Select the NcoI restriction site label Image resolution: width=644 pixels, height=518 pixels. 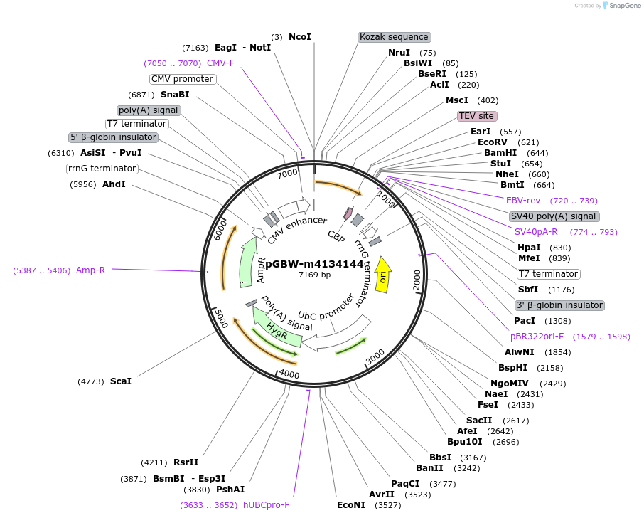click(299, 36)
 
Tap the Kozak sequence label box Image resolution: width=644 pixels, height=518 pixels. click(394, 36)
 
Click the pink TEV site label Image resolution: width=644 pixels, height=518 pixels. click(476, 115)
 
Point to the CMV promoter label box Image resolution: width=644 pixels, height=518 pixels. click(182, 79)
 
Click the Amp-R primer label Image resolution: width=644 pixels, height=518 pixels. click(90, 270)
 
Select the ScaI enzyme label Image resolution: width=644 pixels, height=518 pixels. click(121, 381)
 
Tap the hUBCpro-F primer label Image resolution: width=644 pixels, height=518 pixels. click(267, 505)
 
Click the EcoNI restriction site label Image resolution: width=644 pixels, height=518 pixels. click(351, 505)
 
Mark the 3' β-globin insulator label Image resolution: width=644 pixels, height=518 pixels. click(559, 305)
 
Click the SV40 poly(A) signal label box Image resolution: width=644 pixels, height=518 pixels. click(554, 216)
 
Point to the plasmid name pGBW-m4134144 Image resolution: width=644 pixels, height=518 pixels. click(314, 264)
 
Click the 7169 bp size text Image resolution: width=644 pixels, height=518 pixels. click(314, 275)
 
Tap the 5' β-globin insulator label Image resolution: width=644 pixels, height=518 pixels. click(113, 137)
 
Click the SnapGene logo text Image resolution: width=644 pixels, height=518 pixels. click(622, 6)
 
